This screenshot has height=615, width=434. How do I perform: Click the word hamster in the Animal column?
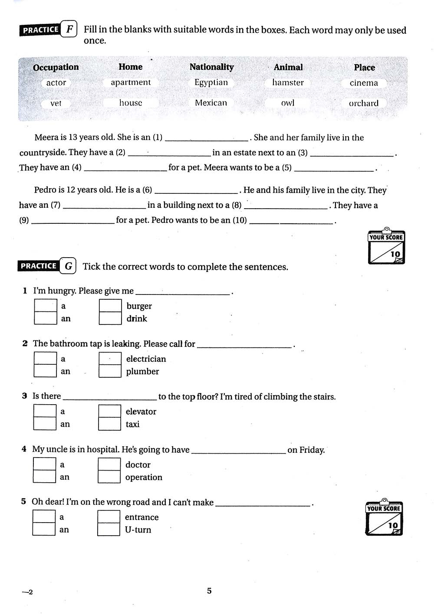(x=288, y=82)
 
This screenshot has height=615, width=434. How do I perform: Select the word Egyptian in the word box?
(x=211, y=82)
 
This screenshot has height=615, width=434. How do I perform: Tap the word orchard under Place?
(x=364, y=103)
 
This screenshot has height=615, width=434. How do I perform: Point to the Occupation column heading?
(x=56, y=67)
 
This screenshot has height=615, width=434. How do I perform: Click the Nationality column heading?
(x=211, y=67)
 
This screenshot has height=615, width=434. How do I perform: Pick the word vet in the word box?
(x=56, y=103)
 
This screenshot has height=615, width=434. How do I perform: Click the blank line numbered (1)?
(x=207, y=138)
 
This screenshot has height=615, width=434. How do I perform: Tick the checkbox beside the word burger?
(x=110, y=306)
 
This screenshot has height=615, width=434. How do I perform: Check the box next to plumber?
(x=110, y=371)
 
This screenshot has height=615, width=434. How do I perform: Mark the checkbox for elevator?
(x=109, y=411)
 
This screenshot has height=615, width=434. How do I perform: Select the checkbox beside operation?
(x=109, y=477)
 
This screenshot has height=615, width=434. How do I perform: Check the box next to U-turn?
(x=108, y=530)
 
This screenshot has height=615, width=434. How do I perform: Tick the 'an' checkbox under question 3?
(x=45, y=424)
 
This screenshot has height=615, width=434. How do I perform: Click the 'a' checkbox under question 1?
(x=46, y=306)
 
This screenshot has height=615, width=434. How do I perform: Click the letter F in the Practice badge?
(x=69, y=29)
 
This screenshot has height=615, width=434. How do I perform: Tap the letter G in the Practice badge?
(x=69, y=266)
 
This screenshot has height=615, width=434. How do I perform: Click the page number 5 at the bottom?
(x=209, y=591)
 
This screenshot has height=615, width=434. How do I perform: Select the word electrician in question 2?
(x=146, y=359)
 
